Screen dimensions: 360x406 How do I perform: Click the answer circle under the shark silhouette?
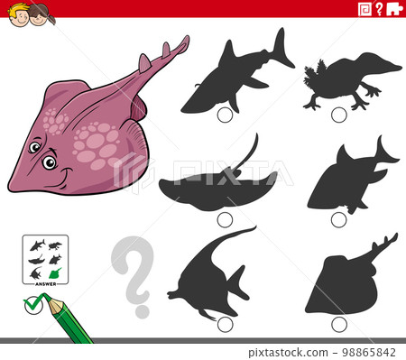pos(225,113)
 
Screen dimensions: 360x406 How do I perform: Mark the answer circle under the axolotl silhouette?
pos(338,115)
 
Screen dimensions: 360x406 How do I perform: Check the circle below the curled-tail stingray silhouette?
pos(225,219)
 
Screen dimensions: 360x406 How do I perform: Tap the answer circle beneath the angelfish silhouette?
pos(225,323)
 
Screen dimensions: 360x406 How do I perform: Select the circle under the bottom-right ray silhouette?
pos(338,323)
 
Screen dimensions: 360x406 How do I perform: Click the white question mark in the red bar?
pos(379,9)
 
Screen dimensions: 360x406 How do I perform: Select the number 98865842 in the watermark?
pos(366,352)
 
